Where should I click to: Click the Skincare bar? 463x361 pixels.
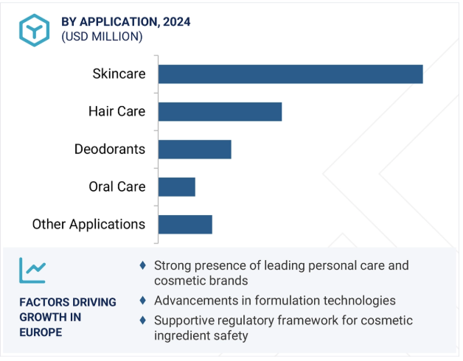[x=290, y=74]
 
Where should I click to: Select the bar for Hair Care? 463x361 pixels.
[x=220, y=111]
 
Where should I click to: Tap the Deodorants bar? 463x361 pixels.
[x=195, y=150]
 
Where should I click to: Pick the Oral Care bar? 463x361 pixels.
[x=177, y=187]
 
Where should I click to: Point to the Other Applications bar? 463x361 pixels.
[x=185, y=225]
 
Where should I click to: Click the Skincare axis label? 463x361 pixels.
[x=119, y=74]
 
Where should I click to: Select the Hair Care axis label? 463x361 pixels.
[x=117, y=111]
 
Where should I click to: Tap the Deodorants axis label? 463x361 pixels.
[x=110, y=149]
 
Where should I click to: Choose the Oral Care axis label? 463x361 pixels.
[x=117, y=186]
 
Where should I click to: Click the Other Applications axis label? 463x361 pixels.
[x=89, y=224]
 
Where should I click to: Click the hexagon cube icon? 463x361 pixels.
[x=34, y=30]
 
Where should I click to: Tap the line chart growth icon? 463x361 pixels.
[x=32, y=270]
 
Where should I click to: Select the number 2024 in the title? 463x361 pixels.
[x=177, y=22]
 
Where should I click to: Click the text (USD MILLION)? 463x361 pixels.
[x=102, y=37]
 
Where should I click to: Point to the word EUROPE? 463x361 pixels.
[x=41, y=332]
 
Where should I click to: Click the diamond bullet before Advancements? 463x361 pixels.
[x=142, y=301]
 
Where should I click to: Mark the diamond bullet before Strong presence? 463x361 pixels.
[x=142, y=265]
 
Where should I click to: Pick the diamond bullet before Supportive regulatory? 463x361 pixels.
[x=142, y=320]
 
